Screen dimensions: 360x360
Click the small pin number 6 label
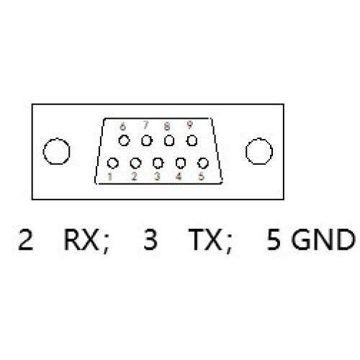[122, 126]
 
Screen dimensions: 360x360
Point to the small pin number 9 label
[189, 125]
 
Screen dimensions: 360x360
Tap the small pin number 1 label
[109, 176]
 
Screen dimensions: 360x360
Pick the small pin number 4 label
[179, 176]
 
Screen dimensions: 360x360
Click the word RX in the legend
[81, 240]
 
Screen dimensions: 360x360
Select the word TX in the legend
[204, 240]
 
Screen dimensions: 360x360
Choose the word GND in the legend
[323, 240]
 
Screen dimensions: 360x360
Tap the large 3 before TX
[150, 240]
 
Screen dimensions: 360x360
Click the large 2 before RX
[25, 240]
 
